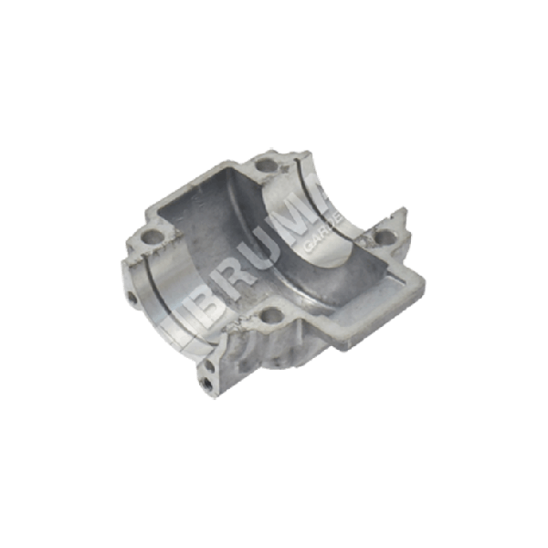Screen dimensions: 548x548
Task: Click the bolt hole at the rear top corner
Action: [266, 166]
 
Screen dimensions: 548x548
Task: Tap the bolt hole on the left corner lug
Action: [148, 239]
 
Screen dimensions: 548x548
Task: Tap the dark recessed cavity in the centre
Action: [247, 237]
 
